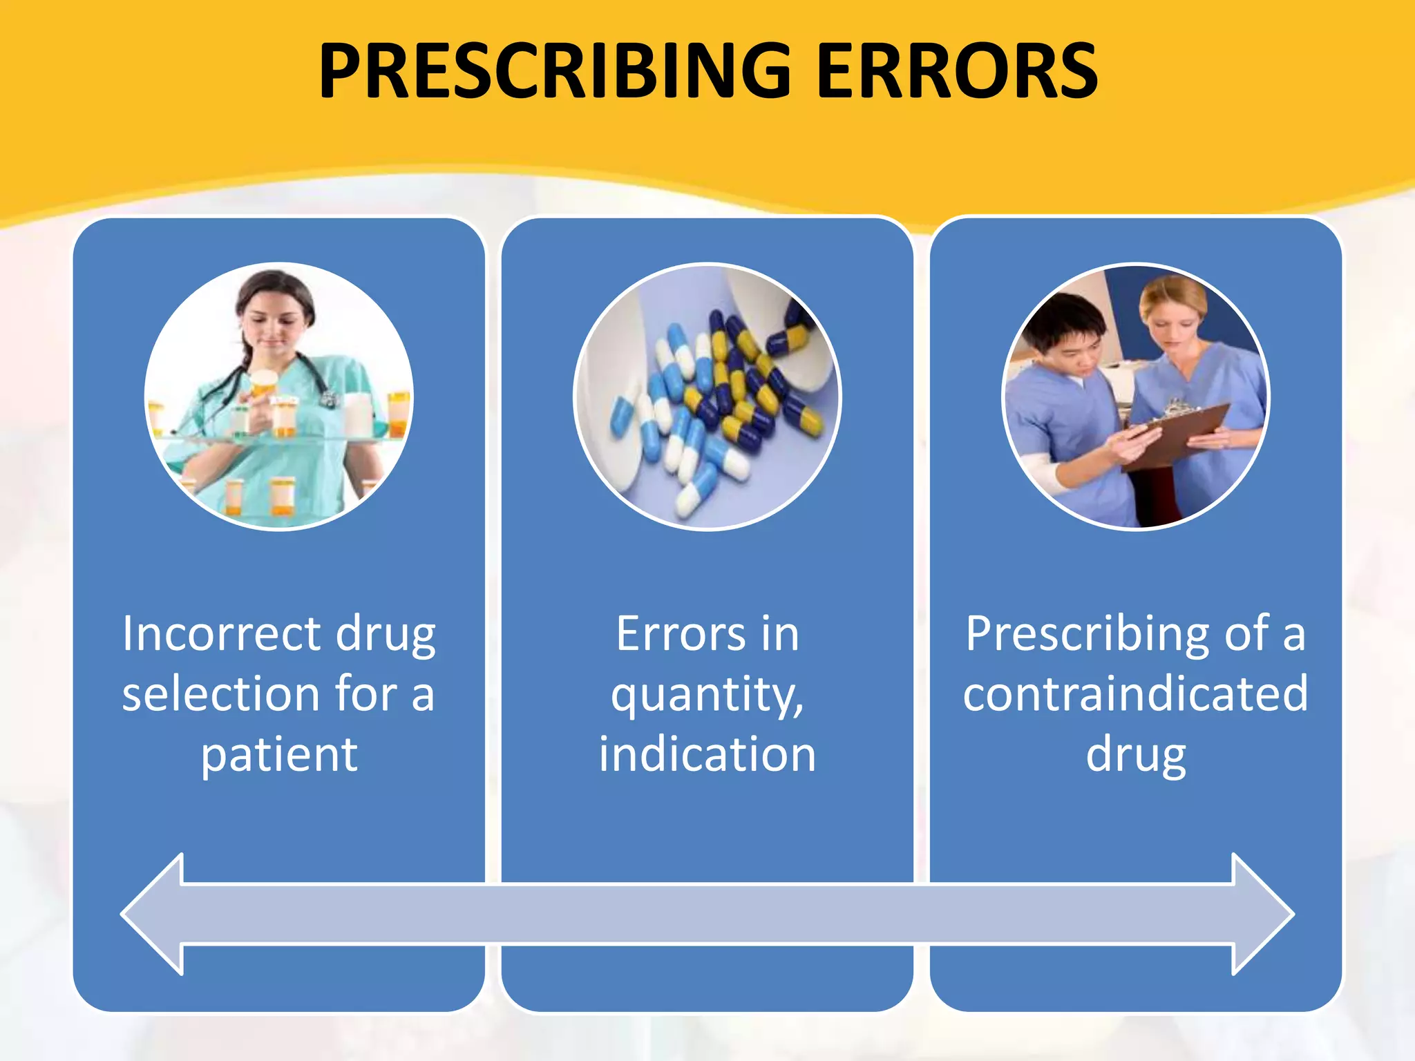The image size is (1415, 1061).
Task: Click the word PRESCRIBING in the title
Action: coord(553,71)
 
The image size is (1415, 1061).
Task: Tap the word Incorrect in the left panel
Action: coord(221,633)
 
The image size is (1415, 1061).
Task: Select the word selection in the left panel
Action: coord(220,694)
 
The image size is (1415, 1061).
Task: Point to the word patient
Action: coord(279,754)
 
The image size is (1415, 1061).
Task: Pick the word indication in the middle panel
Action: coord(707,754)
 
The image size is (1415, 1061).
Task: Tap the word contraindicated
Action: coord(1135,694)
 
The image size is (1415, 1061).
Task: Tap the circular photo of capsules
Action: coord(707,396)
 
